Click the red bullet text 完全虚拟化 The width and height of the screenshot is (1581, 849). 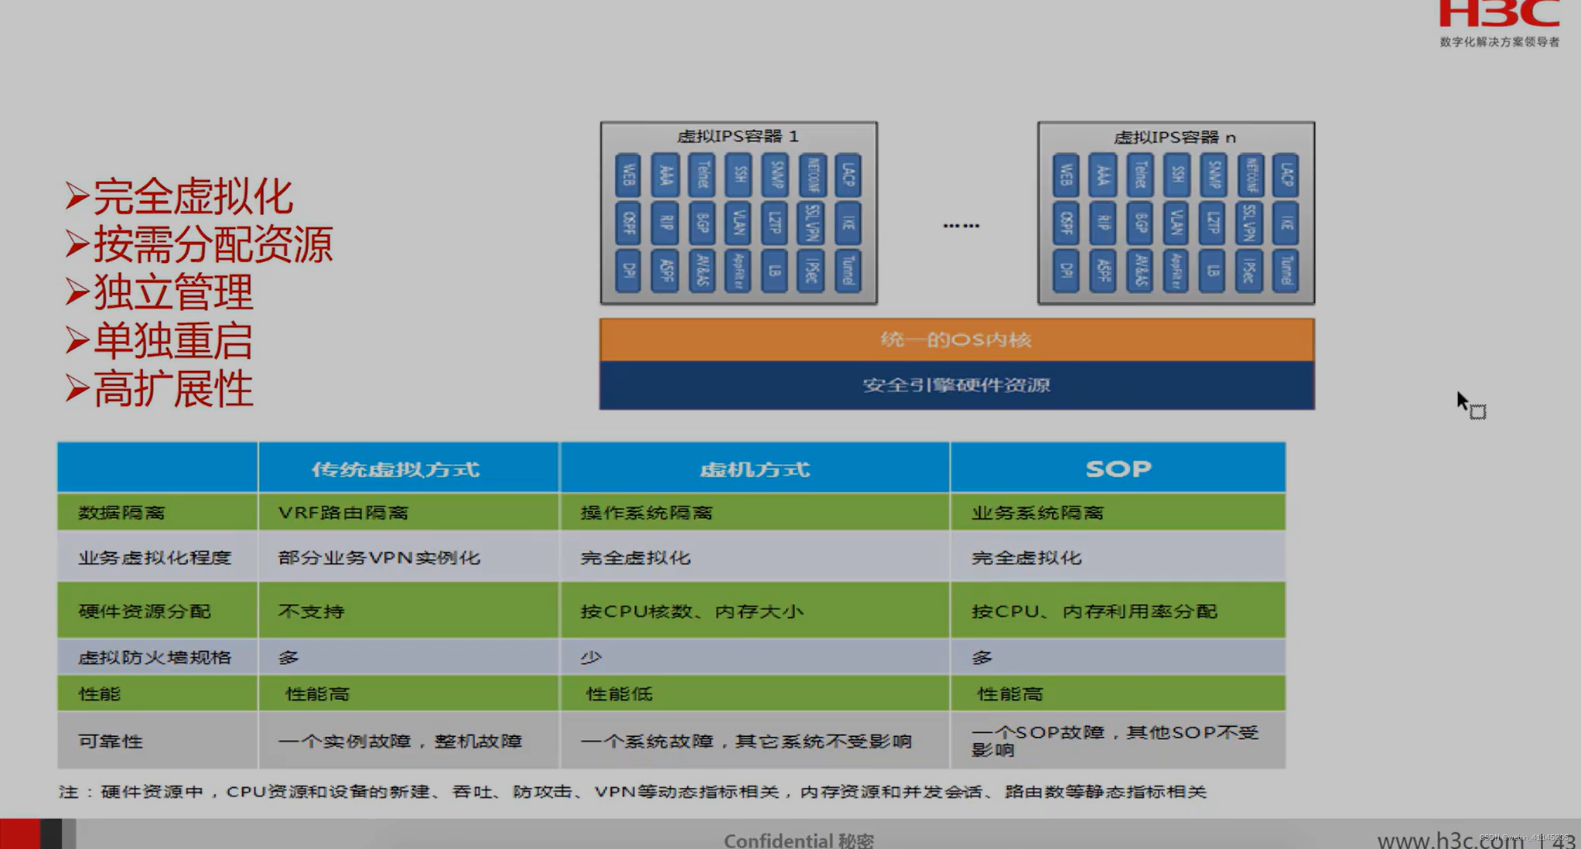pos(193,196)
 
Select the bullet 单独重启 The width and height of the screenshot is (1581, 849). pos(172,340)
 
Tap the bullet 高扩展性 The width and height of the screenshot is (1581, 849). pos(172,388)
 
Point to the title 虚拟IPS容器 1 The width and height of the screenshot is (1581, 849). pos(737,136)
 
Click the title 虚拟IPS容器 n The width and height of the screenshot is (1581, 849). pos(1174,137)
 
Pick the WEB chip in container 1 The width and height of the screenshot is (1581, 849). pos(627,175)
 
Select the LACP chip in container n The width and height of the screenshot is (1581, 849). pos(1286,175)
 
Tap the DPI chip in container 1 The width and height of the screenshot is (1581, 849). pos(627,271)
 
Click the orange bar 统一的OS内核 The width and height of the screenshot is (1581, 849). pos(956,339)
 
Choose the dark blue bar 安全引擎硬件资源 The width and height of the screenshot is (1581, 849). pos(956,385)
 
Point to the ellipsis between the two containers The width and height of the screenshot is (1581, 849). pos(961,225)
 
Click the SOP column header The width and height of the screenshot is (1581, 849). pos(1118,469)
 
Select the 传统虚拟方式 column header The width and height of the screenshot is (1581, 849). pos(395,469)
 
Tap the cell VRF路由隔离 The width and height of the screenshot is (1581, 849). pos(343,512)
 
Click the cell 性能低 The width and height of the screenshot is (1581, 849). pos(619,694)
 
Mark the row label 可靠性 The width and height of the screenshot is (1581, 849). pos(111,741)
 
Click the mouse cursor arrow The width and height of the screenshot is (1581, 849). pos(1461,401)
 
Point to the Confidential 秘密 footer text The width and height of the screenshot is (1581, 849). pos(798,840)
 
